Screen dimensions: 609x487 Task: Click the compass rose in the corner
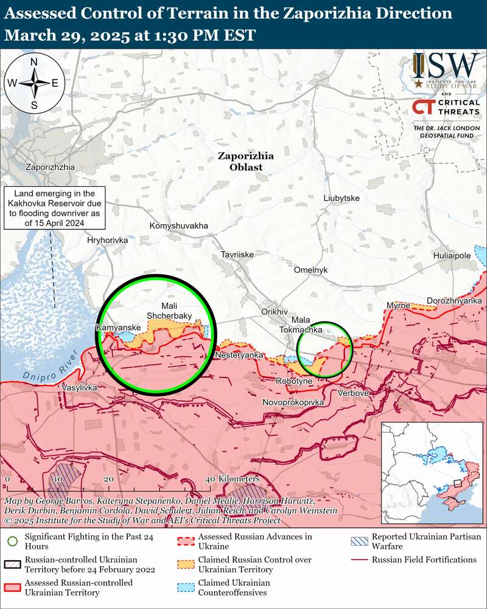[x=35, y=82]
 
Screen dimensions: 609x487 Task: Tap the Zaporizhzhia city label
[x=51, y=167]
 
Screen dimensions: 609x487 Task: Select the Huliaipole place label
[x=452, y=256]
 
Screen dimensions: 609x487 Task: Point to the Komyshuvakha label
[x=178, y=226]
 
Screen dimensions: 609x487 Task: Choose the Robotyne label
[x=294, y=381]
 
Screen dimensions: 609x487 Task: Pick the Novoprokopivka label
[x=293, y=403]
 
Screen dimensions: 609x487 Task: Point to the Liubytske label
[x=342, y=199]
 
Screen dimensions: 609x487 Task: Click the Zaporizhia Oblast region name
[x=246, y=161]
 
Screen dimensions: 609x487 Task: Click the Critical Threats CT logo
[x=424, y=108]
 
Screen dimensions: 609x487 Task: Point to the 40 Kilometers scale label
[x=225, y=479]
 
